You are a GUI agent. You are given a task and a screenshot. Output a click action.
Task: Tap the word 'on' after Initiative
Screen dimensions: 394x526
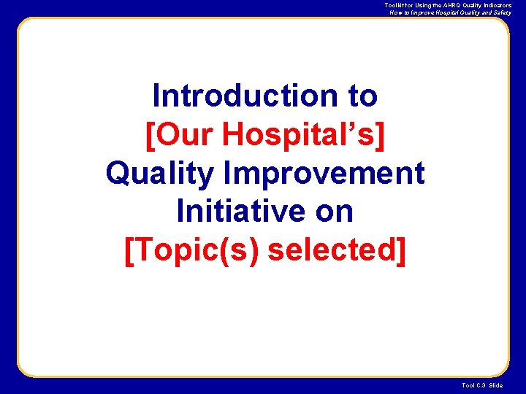pyautogui.click(x=334, y=212)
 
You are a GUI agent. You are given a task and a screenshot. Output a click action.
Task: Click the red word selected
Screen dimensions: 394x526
pyautogui.click(x=331, y=250)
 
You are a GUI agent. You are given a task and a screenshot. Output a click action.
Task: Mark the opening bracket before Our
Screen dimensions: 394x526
pyautogui.click(x=150, y=134)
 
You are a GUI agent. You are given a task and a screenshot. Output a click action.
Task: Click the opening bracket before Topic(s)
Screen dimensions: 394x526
pyautogui.click(x=130, y=250)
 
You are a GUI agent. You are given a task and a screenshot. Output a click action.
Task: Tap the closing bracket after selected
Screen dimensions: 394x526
pyautogui.click(x=400, y=250)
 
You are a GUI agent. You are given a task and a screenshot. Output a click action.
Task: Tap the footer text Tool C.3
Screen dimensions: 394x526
pyautogui.click(x=474, y=385)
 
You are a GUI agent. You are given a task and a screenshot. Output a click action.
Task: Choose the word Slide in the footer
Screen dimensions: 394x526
pyautogui.click(x=496, y=385)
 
